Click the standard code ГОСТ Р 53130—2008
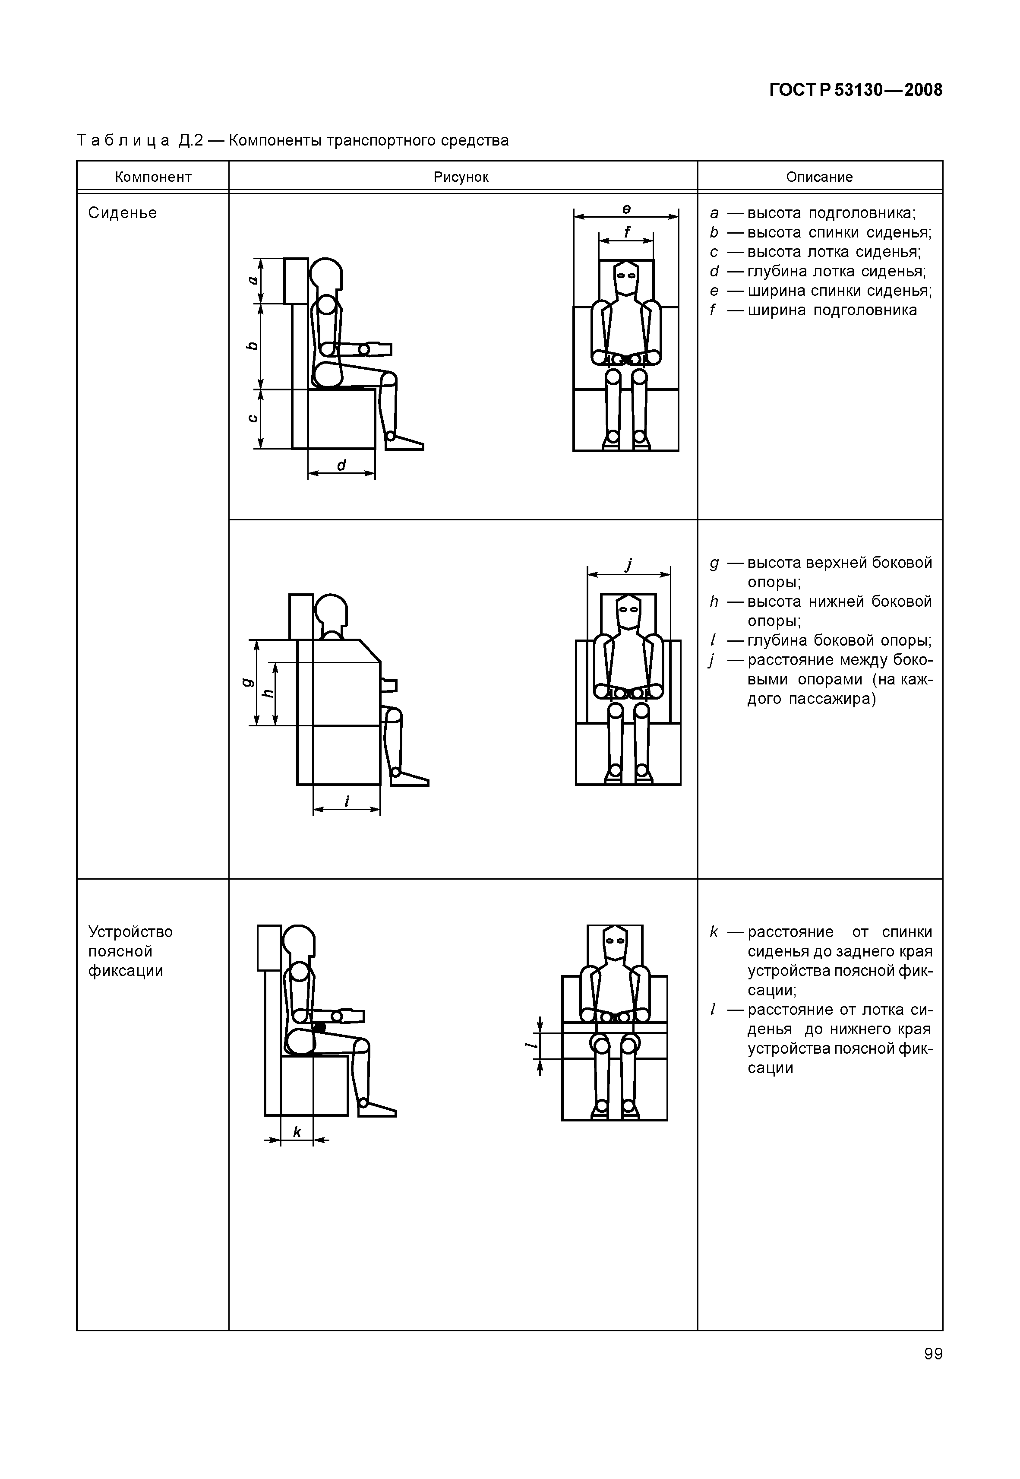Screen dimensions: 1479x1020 coord(855,90)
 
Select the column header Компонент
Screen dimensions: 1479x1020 coord(153,177)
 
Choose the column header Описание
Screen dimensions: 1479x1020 coord(819,177)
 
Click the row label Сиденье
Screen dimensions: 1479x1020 coord(122,213)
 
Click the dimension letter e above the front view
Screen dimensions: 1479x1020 coord(626,209)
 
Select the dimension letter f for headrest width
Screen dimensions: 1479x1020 coord(627,231)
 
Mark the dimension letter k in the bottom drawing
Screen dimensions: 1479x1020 coord(297,1131)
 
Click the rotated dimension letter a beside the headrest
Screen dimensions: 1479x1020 coord(253,280)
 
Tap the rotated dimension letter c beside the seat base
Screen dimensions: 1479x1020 coord(253,418)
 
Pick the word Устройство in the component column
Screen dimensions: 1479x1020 coord(130,932)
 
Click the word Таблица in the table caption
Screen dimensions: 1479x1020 coord(123,140)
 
